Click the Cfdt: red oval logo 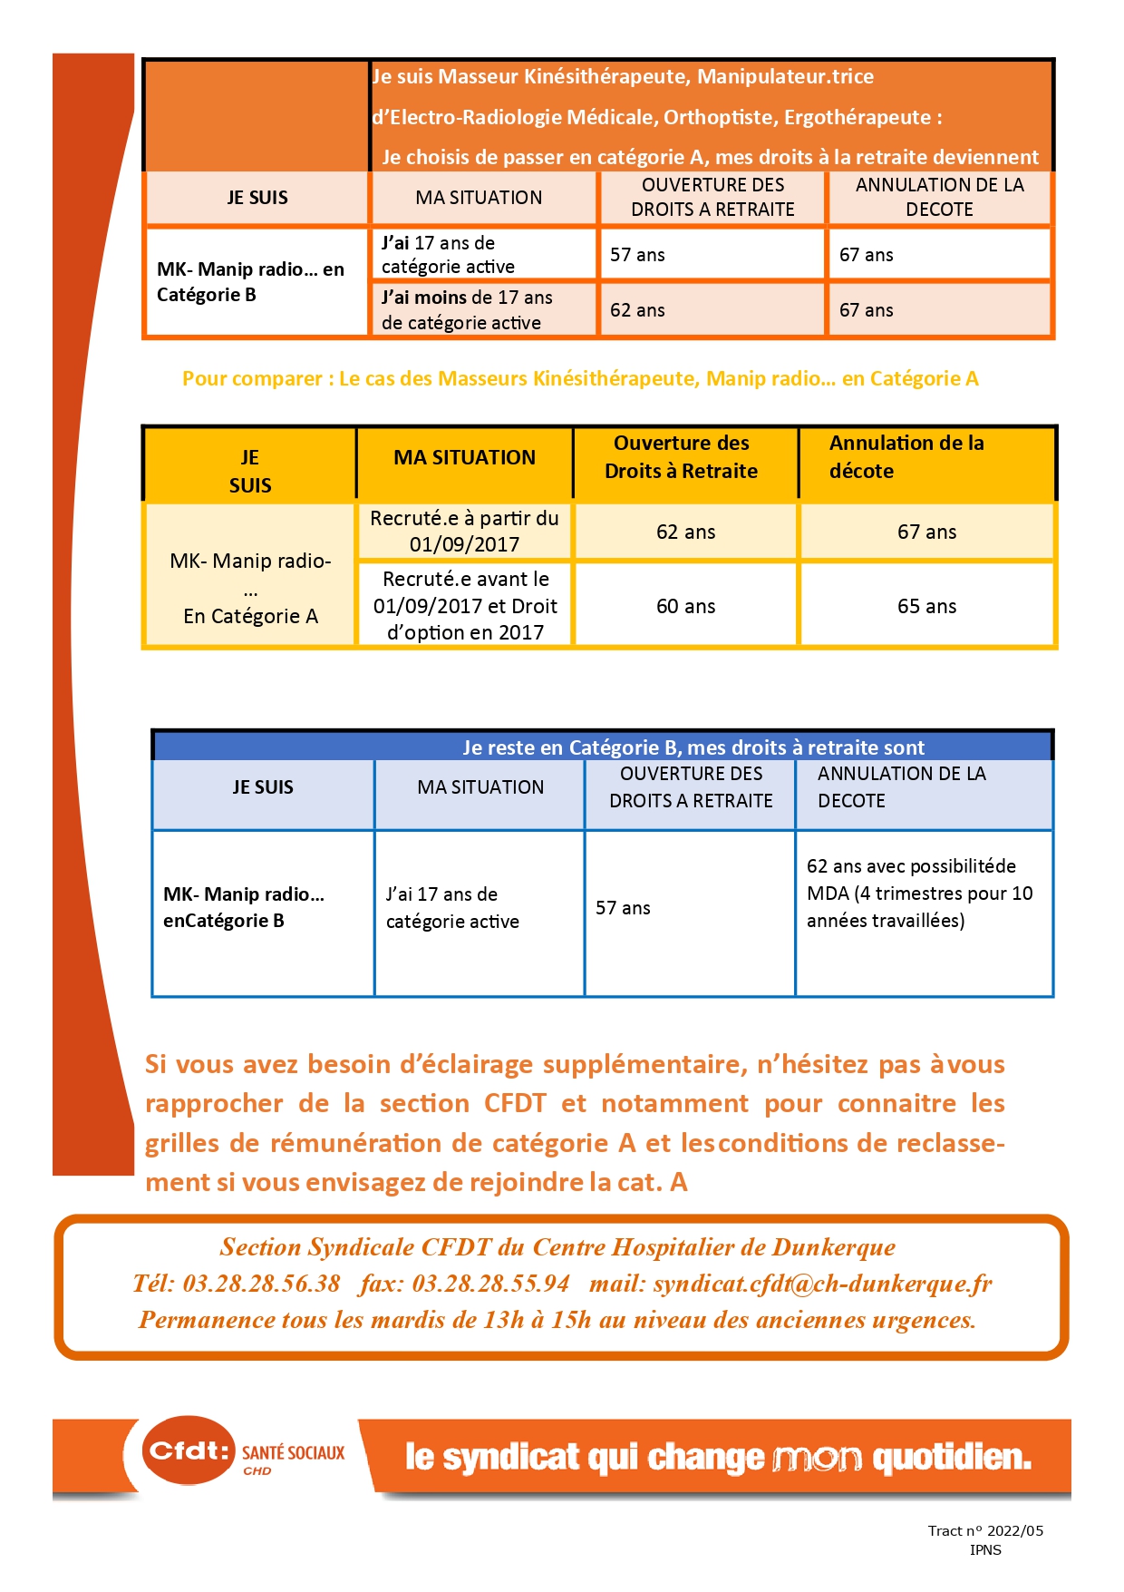(x=188, y=1450)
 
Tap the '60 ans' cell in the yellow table (x=685, y=606)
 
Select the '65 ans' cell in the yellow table (x=926, y=606)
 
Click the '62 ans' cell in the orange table (x=637, y=310)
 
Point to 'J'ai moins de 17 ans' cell (x=467, y=310)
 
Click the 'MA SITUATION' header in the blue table (x=480, y=787)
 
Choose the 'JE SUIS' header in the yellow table (x=250, y=471)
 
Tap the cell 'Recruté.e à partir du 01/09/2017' (x=464, y=532)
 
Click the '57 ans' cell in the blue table (x=623, y=908)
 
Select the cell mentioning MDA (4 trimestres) (x=919, y=894)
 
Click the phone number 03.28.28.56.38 (x=261, y=1284)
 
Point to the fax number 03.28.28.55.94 (x=490, y=1284)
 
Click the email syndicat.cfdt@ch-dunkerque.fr (x=822, y=1284)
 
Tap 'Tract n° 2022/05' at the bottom (x=985, y=1530)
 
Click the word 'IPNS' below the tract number (x=985, y=1550)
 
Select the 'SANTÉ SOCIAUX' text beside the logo (x=293, y=1452)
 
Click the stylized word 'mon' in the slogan (x=818, y=1458)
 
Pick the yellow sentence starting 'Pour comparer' (x=580, y=379)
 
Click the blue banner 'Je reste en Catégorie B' (x=693, y=747)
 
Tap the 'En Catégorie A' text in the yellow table (x=250, y=616)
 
